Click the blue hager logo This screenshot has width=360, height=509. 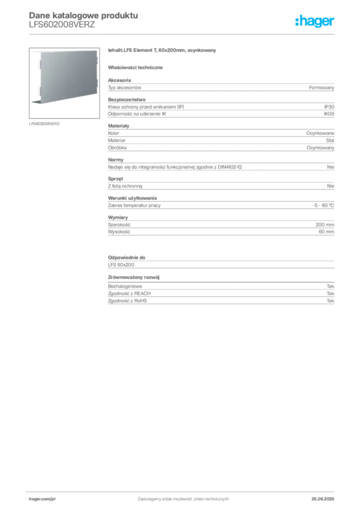point(315,22)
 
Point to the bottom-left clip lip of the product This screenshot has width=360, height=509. point(35,102)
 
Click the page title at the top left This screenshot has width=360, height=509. point(83,14)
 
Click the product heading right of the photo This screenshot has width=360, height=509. point(163,51)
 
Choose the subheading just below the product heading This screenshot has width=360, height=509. point(137,67)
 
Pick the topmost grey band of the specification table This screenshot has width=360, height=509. point(221,87)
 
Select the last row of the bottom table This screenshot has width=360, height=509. point(221,301)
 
